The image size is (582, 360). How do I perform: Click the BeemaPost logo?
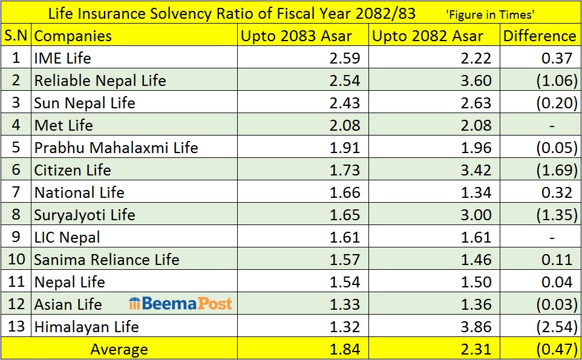coord(180,304)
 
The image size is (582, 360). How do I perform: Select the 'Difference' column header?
coord(540,36)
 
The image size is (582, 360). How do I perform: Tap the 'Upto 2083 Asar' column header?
coord(296,36)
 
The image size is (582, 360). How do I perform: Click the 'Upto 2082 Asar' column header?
coord(428,36)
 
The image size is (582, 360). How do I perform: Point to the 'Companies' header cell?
coord(73,36)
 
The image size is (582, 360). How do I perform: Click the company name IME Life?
coord(62,58)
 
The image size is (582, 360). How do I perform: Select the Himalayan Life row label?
coord(87,327)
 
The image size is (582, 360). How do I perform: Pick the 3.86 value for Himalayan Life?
coord(476,327)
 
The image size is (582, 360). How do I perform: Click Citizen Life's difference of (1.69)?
coord(557,170)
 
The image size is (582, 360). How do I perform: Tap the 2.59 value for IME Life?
coord(345,58)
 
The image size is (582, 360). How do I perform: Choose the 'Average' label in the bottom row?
coord(119,350)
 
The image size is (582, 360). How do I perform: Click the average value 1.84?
coord(345,350)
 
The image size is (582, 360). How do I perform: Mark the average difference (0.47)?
coord(557,350)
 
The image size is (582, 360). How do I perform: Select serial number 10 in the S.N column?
coord(16,260)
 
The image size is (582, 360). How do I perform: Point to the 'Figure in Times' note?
coord(490,14)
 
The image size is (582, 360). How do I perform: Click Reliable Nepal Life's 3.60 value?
coord(476,80)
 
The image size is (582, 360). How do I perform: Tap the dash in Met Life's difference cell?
coord(552,126)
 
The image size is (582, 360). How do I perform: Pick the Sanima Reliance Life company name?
coord(106,260)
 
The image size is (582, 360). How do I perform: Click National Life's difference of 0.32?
coord(557,192)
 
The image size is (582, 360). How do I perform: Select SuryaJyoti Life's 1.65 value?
coord(345,215)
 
